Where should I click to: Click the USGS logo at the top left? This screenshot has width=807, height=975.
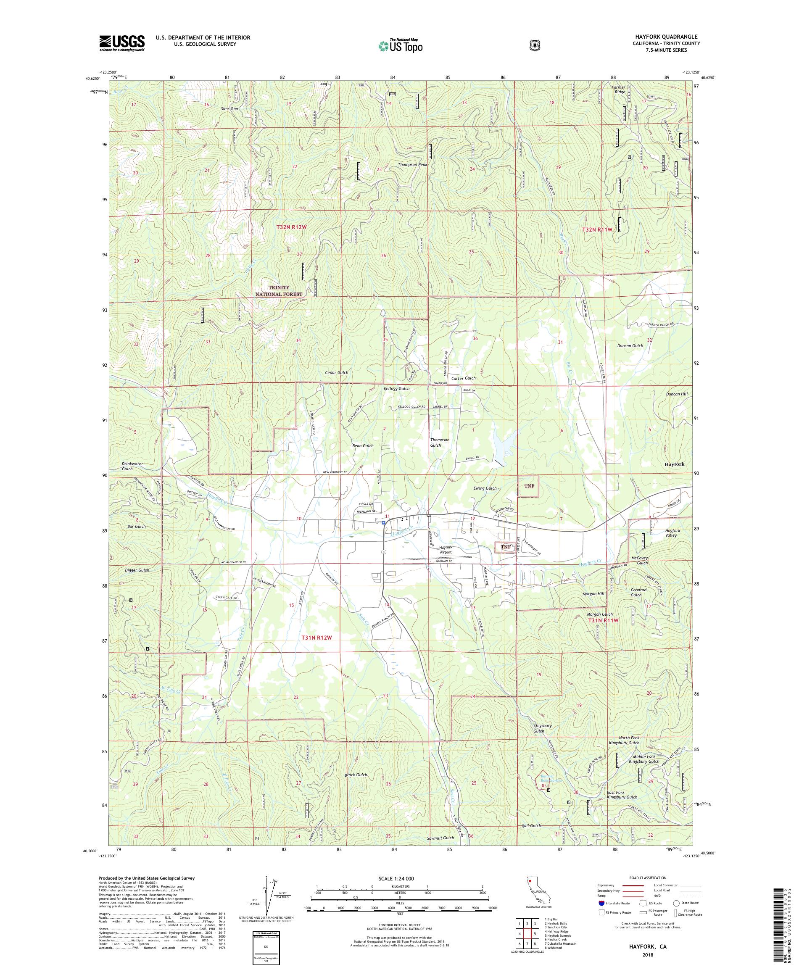121,43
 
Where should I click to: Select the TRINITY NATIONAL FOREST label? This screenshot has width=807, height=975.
279,291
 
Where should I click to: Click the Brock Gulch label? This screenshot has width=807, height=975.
356,775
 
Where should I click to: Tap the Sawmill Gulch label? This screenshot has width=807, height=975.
440,838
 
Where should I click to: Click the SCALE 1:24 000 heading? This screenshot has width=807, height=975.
399,878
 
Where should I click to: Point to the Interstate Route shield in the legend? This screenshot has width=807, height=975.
602,903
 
